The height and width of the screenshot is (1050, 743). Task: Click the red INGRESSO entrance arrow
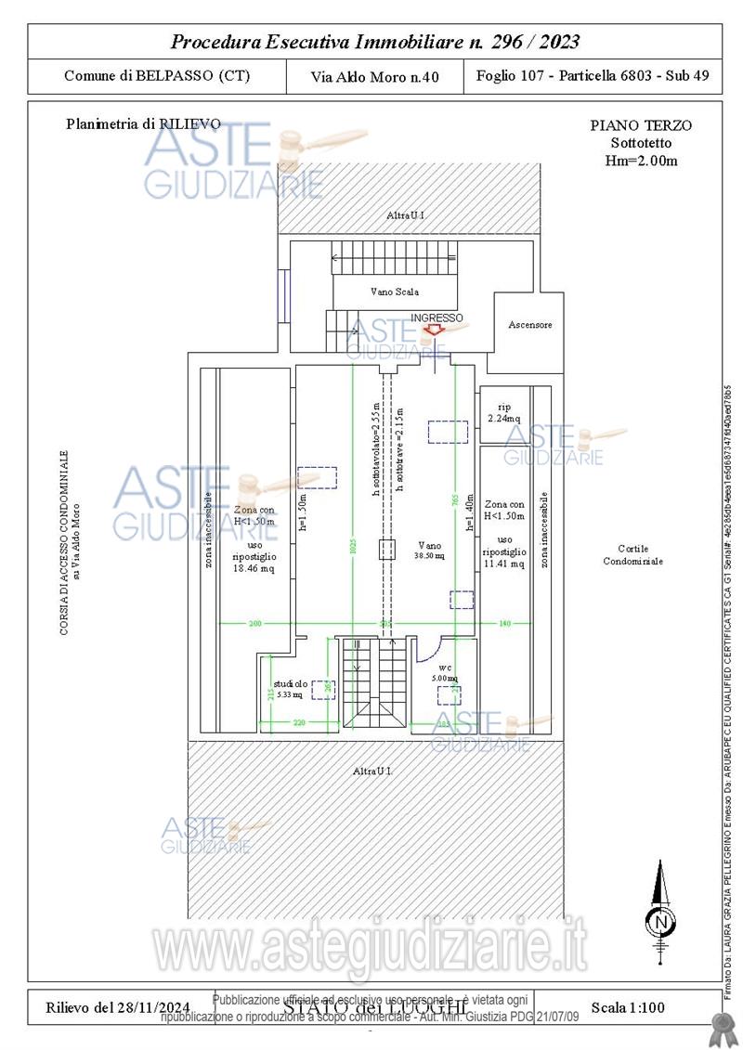(433, 330)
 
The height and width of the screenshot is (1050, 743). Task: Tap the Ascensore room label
(530, 325)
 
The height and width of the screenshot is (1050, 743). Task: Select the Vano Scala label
(395, 292)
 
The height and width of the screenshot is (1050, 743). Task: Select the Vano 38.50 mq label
(429, 551)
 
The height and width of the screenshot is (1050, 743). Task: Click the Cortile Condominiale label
(632, 554)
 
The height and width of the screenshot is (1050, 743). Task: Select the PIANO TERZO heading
(641, 126)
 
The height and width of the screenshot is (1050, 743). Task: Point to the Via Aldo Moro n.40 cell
(375, 77)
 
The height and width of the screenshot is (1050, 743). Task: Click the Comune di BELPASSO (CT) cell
(156, 76)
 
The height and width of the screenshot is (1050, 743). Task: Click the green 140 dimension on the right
(505, 623)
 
